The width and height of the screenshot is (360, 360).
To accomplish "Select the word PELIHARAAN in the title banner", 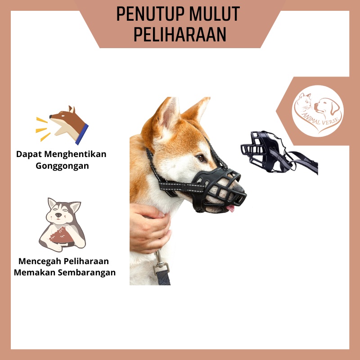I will pos(180,35).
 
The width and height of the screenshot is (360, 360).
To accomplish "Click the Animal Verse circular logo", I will pos(318,111).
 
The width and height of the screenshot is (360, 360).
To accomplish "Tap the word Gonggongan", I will pos(62,166).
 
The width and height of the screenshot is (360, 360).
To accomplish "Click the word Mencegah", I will pos(40,261).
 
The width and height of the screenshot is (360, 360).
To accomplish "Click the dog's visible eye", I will pos(201,157).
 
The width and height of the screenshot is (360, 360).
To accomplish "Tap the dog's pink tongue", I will pos(230,207).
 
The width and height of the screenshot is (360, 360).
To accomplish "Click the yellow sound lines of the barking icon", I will pos(42,126).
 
